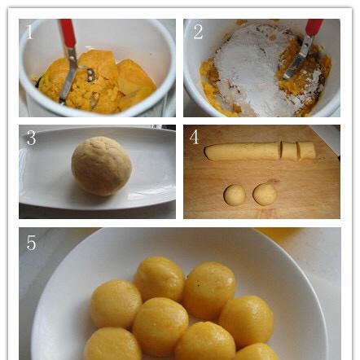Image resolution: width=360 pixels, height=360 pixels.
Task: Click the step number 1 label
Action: coord(29,32)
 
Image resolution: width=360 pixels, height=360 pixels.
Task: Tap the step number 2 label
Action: coord(198,32)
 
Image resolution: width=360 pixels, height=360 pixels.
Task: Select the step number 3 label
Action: coord(31,138)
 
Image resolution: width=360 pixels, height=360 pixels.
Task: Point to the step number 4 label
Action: coord(194,137)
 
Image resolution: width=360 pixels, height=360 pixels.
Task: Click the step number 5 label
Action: coord(31,243)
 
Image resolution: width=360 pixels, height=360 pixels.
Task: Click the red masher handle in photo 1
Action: coord(68,33)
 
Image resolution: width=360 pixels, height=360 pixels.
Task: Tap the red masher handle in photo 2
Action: coord(314,27)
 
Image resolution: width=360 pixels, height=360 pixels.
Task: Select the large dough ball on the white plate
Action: coord(102,166)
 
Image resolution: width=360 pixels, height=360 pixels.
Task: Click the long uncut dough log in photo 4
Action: coord(242,151)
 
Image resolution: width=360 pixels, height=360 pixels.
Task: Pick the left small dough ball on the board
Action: coord(235,195)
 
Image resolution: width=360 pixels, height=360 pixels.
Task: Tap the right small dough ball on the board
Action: coord(265,194)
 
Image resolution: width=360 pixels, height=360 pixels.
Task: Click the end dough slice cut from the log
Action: coord(306,150)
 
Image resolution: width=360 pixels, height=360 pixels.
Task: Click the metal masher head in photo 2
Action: coord(296,59)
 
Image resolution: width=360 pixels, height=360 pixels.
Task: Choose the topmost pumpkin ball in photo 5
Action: coord(160,279)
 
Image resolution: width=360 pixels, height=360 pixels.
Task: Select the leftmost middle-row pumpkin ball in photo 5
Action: coord(116,304)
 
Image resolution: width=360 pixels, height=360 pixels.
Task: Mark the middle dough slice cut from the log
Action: coord(289,150)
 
